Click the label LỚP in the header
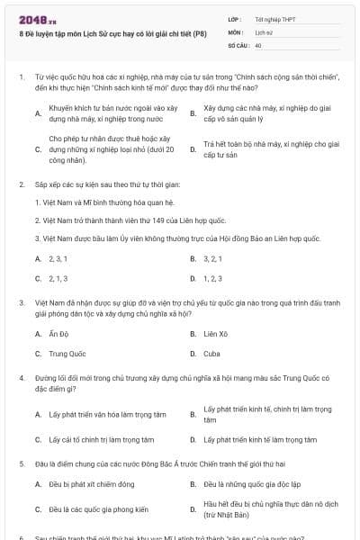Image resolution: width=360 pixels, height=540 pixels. pyautogui.click(x=235, y=18)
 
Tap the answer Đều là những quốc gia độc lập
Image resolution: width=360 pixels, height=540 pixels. pyautogui.click(x=254, y=484)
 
